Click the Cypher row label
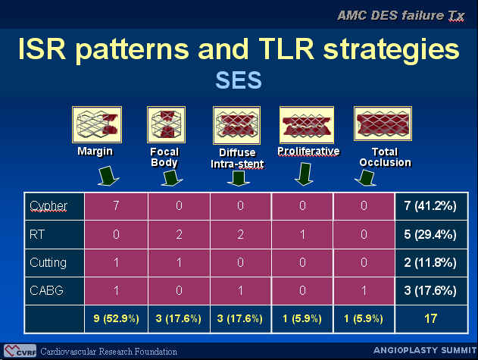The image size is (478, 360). coord(48,206)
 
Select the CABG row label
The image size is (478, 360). coord(47,290)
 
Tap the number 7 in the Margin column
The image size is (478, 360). coord(116,205)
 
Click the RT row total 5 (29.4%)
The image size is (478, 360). coord(430,234)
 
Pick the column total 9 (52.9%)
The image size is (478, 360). coord(116,318)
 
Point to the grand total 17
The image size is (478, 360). coord(430,319)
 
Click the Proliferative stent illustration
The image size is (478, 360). coord(307,125)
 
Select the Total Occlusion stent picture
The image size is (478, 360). coord(383,124)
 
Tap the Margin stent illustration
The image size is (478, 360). coord(97,124)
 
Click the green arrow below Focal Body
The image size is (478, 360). coord(172,178)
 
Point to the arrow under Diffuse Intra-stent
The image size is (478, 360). coord(239,178)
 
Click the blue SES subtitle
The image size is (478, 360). coord(239,80)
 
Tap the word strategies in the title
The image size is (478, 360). coord(391,50)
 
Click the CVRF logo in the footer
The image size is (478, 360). coord(20,351)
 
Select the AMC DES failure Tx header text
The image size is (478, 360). coord(401,16)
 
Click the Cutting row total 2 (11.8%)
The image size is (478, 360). coord(430,262)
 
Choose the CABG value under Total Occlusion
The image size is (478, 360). coord(364,290)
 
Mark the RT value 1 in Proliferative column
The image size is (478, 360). coord(302,234)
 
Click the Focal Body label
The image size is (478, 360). coord(164,157)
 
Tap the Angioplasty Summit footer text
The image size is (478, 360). coord(425,350)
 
